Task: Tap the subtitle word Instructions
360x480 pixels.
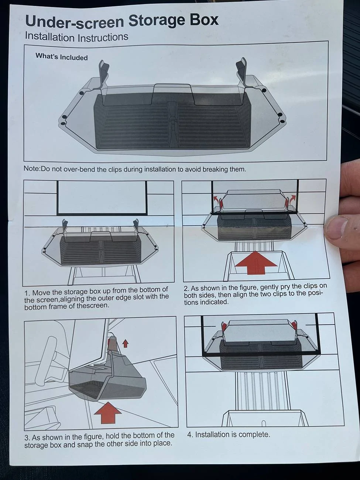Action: coord(103,37)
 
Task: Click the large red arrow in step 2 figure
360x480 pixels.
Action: coord(256,263)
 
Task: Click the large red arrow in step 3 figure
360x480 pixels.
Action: coord(107,413)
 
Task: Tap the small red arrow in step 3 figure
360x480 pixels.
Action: coord(125,343)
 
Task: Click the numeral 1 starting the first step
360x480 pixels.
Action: coord(26,293)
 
